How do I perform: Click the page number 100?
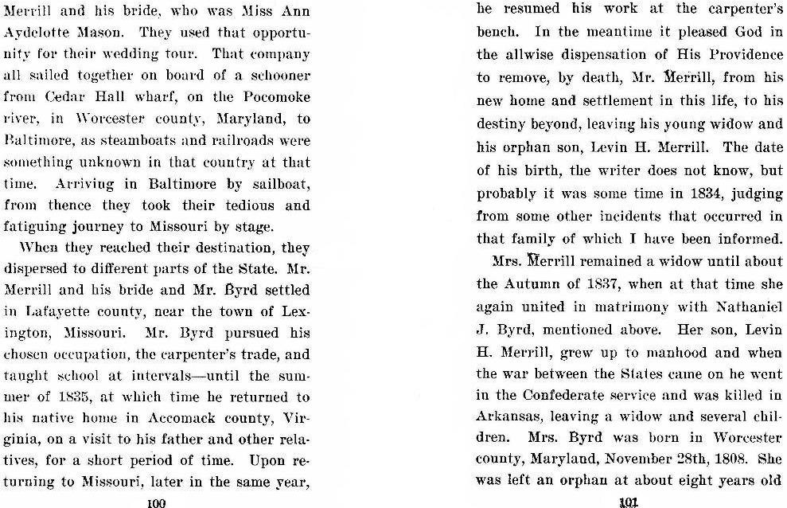[x=155, y=502]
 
